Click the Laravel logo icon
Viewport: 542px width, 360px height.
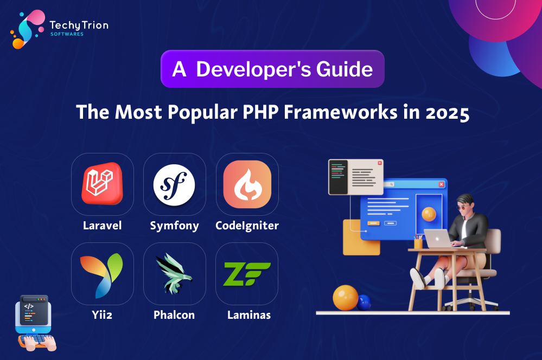[103, 183]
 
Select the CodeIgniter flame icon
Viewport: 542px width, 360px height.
[247, 184]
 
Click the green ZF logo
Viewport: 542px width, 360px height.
[247, 274]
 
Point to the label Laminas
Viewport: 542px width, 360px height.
[249, 315]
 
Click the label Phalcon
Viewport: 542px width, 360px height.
[174, 315]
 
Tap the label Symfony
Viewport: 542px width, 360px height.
[175, 226]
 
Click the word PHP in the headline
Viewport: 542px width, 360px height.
[260, 112]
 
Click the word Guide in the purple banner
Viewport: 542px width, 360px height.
[345, 69]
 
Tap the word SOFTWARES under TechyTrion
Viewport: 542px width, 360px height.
[67, 34]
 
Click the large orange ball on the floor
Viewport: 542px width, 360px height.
[345, 298]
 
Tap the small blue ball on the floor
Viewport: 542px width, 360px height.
[364, 303]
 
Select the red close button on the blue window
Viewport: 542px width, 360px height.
[442, 184]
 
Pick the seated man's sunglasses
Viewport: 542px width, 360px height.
[462, 207]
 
